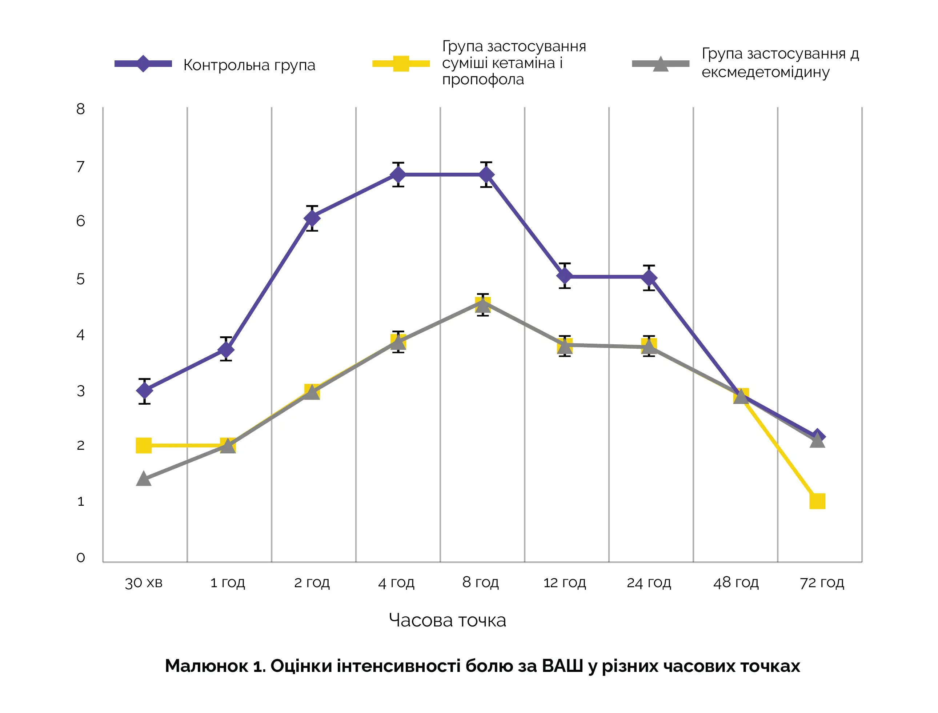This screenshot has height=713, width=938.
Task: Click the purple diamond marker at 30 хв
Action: coord(144,390)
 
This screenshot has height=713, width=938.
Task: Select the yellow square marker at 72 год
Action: coord(817,501)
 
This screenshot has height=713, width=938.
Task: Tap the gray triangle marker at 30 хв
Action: coord(144,479)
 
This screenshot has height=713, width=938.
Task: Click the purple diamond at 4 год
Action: coord(398,175)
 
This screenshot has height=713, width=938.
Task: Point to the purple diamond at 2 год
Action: coord(312,218)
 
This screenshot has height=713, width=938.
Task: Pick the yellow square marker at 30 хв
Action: coord(144,446)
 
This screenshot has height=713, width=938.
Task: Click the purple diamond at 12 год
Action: coord(565,276)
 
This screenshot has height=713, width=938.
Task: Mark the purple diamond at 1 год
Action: coord(226,349)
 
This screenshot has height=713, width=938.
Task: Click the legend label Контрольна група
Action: coord(249,65)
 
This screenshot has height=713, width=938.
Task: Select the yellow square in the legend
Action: coord(401,64)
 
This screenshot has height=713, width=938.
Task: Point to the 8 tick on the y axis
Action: coord(81,109)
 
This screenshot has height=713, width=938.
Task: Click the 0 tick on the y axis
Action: coord(81,558)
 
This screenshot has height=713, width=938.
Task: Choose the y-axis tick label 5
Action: coord(81,279)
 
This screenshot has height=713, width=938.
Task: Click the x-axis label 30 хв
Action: coord(144,583)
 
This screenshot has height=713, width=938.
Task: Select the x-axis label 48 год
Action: coord(735,583)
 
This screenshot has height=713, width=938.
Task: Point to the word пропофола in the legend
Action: coord(483,80)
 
